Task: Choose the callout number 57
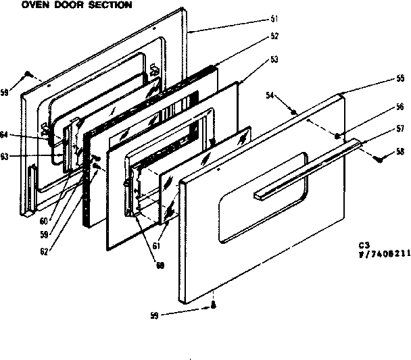400,128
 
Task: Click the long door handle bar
308,169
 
